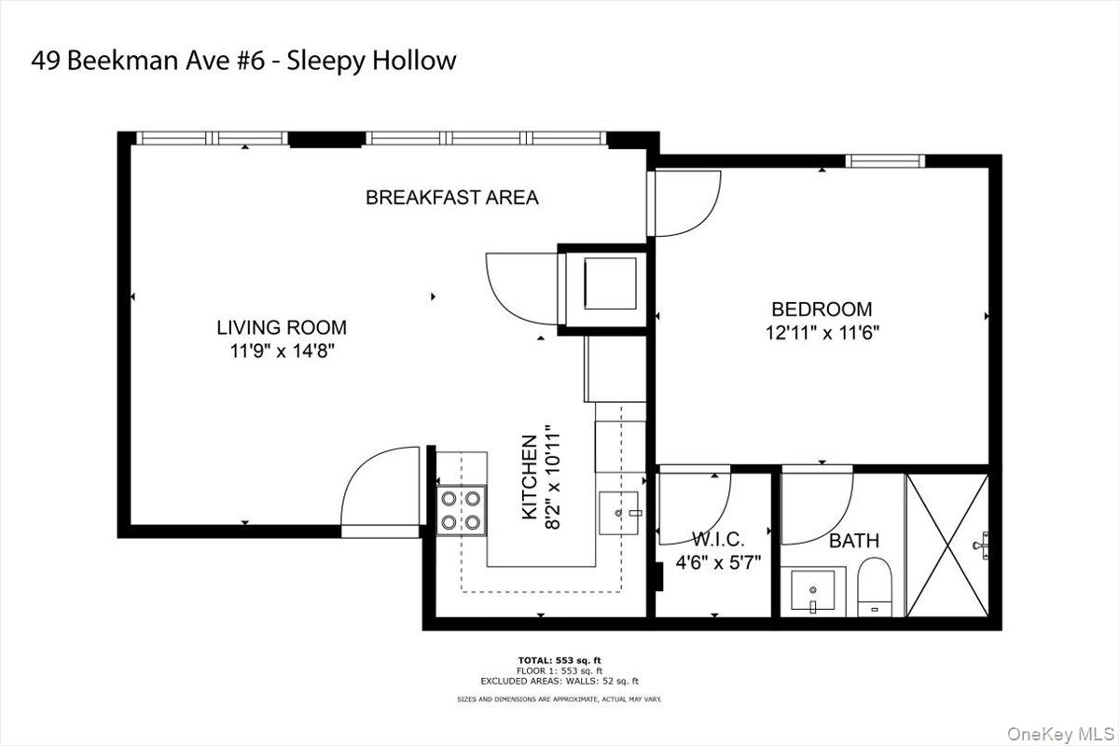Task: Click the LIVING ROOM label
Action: (282, 327)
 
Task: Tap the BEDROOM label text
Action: (821, 309)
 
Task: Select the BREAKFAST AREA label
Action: (451, 198)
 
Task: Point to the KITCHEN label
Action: (529, 477)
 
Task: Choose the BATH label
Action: (853, 541)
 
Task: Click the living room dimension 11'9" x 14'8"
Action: (282, 352)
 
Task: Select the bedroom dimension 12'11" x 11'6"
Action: (821, 331)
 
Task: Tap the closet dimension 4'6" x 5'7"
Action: (718, 562)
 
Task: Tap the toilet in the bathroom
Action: (875, 587)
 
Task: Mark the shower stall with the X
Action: (947, 546)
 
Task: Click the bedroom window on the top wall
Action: (885, 161)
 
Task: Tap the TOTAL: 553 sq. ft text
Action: (559, 660)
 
